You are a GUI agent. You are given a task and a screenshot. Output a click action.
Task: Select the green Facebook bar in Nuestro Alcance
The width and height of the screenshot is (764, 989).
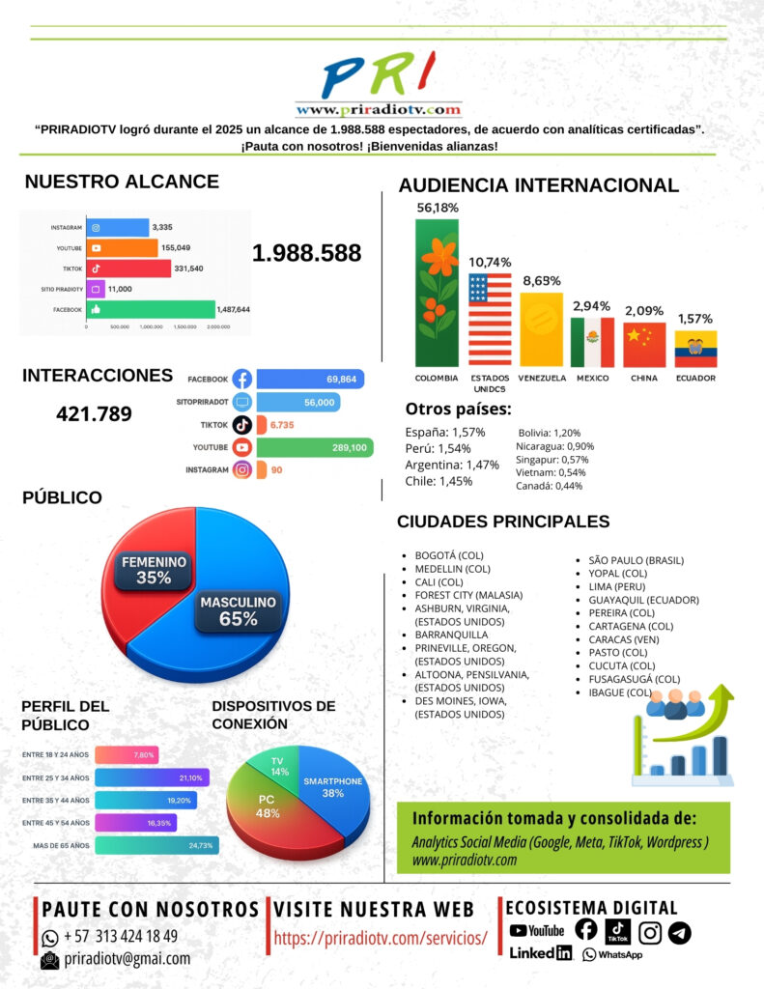point(150,310)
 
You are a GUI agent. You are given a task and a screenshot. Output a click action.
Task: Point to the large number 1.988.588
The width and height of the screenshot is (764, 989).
point(307,253)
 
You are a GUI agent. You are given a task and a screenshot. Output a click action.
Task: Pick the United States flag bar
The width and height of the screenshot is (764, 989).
point(490,318)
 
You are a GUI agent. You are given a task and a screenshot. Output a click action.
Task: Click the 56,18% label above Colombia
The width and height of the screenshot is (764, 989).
point(438,208)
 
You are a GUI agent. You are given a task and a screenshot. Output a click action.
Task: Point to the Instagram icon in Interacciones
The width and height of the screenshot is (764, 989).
point(241,470)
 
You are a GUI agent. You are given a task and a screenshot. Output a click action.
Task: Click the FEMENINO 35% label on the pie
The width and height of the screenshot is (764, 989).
point(154,571)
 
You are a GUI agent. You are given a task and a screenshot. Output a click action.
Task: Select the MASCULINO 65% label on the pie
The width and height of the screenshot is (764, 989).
point(238,610)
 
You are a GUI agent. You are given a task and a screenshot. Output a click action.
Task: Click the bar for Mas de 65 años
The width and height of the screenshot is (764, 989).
point(156,845)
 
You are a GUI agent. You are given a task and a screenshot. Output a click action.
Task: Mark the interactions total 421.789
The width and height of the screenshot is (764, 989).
point(94,414)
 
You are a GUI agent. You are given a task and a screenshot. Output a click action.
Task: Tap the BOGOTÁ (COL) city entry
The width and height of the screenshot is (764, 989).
point(448,555)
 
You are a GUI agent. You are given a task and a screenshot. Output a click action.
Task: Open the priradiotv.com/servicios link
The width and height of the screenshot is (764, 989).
point(381,938)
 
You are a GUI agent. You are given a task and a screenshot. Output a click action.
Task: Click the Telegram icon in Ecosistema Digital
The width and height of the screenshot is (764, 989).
point(680,932)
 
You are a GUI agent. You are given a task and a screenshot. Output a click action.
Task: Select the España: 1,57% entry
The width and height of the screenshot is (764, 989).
point(445,432)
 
